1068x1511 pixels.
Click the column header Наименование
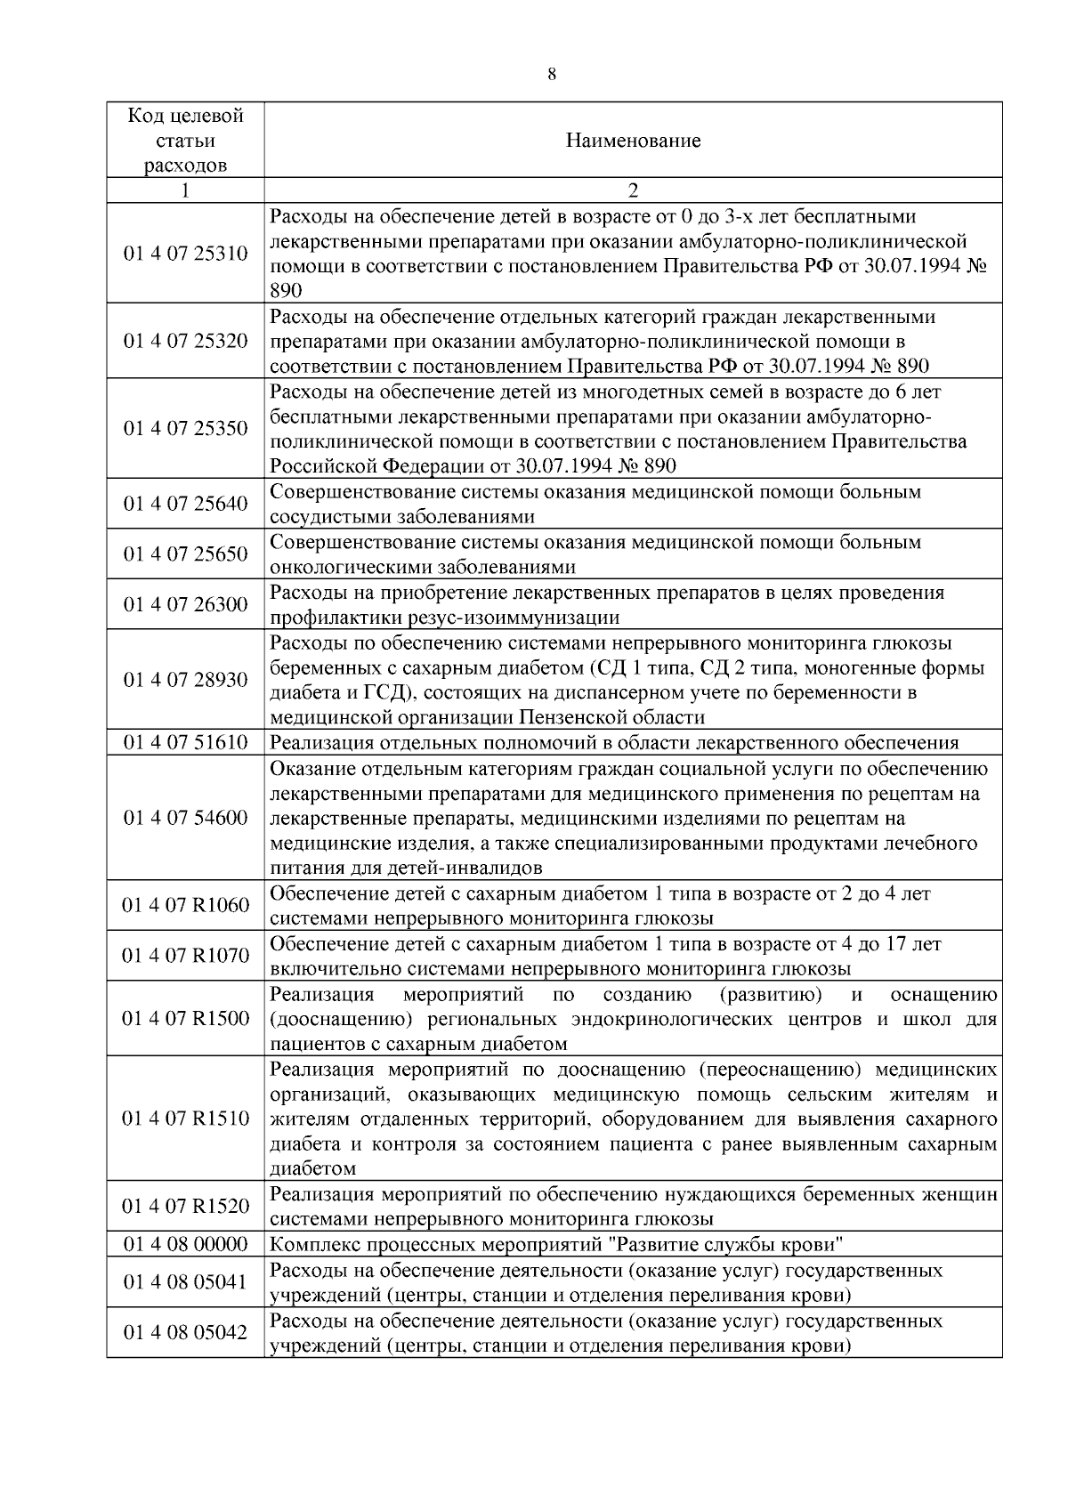[x=633, y=141]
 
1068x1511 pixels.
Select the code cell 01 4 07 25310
[x=186, y=254]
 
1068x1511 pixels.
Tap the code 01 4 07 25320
[x=186, y=342]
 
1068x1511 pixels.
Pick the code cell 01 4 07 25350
[x=186, y=429]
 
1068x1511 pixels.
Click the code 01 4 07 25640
[x=186, y=505]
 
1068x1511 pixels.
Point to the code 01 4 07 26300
[x=186, y=605]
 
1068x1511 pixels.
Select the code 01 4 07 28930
[x=186, y=680]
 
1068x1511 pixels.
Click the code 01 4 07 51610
[x=186, y=743]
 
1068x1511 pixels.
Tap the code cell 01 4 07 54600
[x=186, y=818]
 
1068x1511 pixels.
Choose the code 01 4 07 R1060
[x=186, y=906]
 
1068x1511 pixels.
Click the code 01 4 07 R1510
[x=186, y=1119]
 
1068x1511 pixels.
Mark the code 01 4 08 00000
[x=186, y=1244]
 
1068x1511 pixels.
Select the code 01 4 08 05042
[x=186, y=1332]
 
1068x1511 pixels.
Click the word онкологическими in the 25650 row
[x=344, y=568]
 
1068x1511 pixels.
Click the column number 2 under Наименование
[x=633, y=190]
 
